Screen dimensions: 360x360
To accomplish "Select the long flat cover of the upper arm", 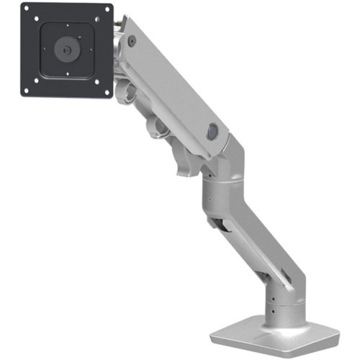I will pos(173,79).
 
